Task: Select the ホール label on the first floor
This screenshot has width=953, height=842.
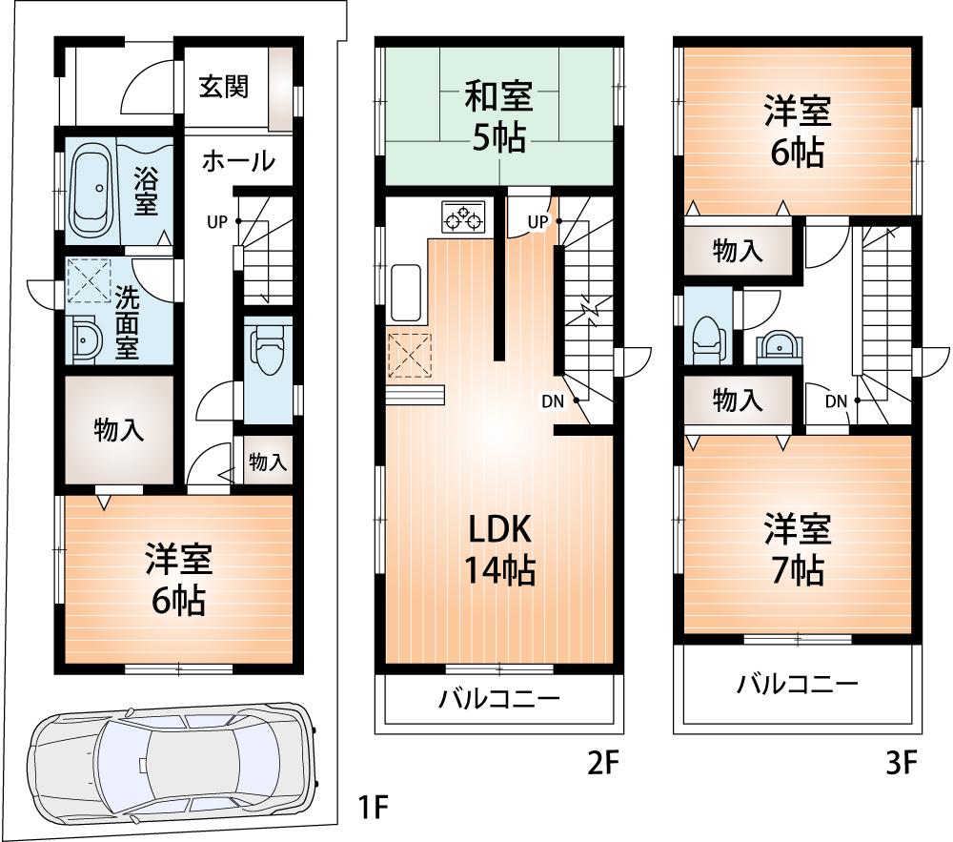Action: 237,161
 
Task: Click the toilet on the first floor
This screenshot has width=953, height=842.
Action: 268,357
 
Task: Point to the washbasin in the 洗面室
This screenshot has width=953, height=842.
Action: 87,339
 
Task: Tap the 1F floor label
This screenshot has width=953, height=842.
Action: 373,809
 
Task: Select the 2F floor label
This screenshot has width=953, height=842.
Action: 601,763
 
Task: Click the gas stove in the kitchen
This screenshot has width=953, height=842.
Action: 463,218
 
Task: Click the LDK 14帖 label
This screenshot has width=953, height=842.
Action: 498,549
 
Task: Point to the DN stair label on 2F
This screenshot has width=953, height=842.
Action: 554,401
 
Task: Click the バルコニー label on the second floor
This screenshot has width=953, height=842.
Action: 498,699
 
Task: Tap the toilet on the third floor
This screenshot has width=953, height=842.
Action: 706,338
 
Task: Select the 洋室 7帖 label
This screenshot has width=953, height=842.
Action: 797,549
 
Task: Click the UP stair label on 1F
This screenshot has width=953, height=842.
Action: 217,221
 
